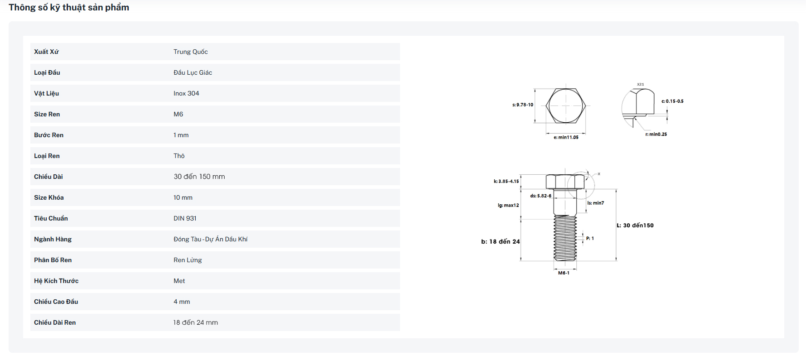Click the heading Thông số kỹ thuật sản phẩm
[69, 7]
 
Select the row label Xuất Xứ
[46, 52]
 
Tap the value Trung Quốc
[190, 52]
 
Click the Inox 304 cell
[186, 93]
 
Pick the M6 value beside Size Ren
[178, 114]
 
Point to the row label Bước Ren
[48, 135]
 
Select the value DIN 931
[185, 218]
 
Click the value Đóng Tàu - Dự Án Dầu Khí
[210, 239]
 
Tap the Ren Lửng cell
[188, 260]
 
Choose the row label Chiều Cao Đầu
[56, 302]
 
